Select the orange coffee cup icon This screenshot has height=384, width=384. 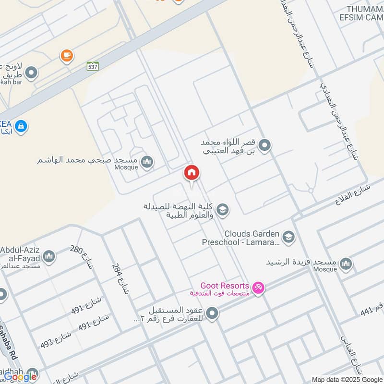[x=67, y=56]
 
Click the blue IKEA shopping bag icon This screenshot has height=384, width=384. [x=21, y=127]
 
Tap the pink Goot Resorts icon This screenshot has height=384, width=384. [x=258, y=288]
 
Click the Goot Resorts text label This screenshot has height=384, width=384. [x=225, y=286]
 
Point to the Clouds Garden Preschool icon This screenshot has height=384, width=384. [x=288, y=237]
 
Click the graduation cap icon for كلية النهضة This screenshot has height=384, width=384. [x=222, y=210]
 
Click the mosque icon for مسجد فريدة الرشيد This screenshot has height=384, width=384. [x=346, y=264]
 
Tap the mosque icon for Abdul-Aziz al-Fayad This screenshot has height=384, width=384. [x=48, y=257]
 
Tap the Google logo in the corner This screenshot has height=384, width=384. [x=20, y=377]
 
